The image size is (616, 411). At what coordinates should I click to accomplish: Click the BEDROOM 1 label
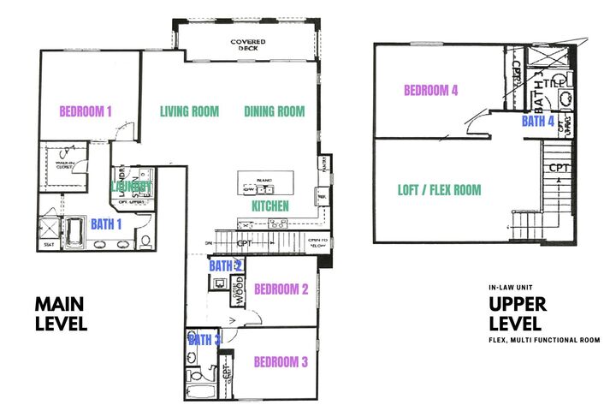click(x=86, y=110)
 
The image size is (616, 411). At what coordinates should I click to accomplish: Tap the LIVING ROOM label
click(x=189, y=111)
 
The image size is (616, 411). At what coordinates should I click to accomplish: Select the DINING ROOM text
click(x=275, y=111)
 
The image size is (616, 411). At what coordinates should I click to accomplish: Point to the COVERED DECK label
click(x=247, y=45)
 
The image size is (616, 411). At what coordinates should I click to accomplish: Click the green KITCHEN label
click(x=269, y=206)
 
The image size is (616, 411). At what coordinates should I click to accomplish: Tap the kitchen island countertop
click(x=265, y=182)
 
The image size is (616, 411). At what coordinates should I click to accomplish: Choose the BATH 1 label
click(x=108, y=224)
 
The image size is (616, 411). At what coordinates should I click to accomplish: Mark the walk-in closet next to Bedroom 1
click(x=64, y=165)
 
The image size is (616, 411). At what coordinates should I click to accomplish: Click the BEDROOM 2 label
click(x=281, y=289)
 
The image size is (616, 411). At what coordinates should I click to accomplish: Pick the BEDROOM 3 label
click(x=281, y=362)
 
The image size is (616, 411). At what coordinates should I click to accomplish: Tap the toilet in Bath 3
click(x=195, y=375)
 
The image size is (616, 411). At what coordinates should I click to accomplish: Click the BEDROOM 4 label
click(x=431, y=90)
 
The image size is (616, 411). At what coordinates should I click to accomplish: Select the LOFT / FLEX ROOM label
click(x=440, y=190)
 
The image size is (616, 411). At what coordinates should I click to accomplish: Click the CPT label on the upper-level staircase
click(x=558, y=168)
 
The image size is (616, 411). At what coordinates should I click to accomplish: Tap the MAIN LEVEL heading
click(x=61, y=313)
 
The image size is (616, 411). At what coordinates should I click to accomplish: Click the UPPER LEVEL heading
click(x=514, y=313)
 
